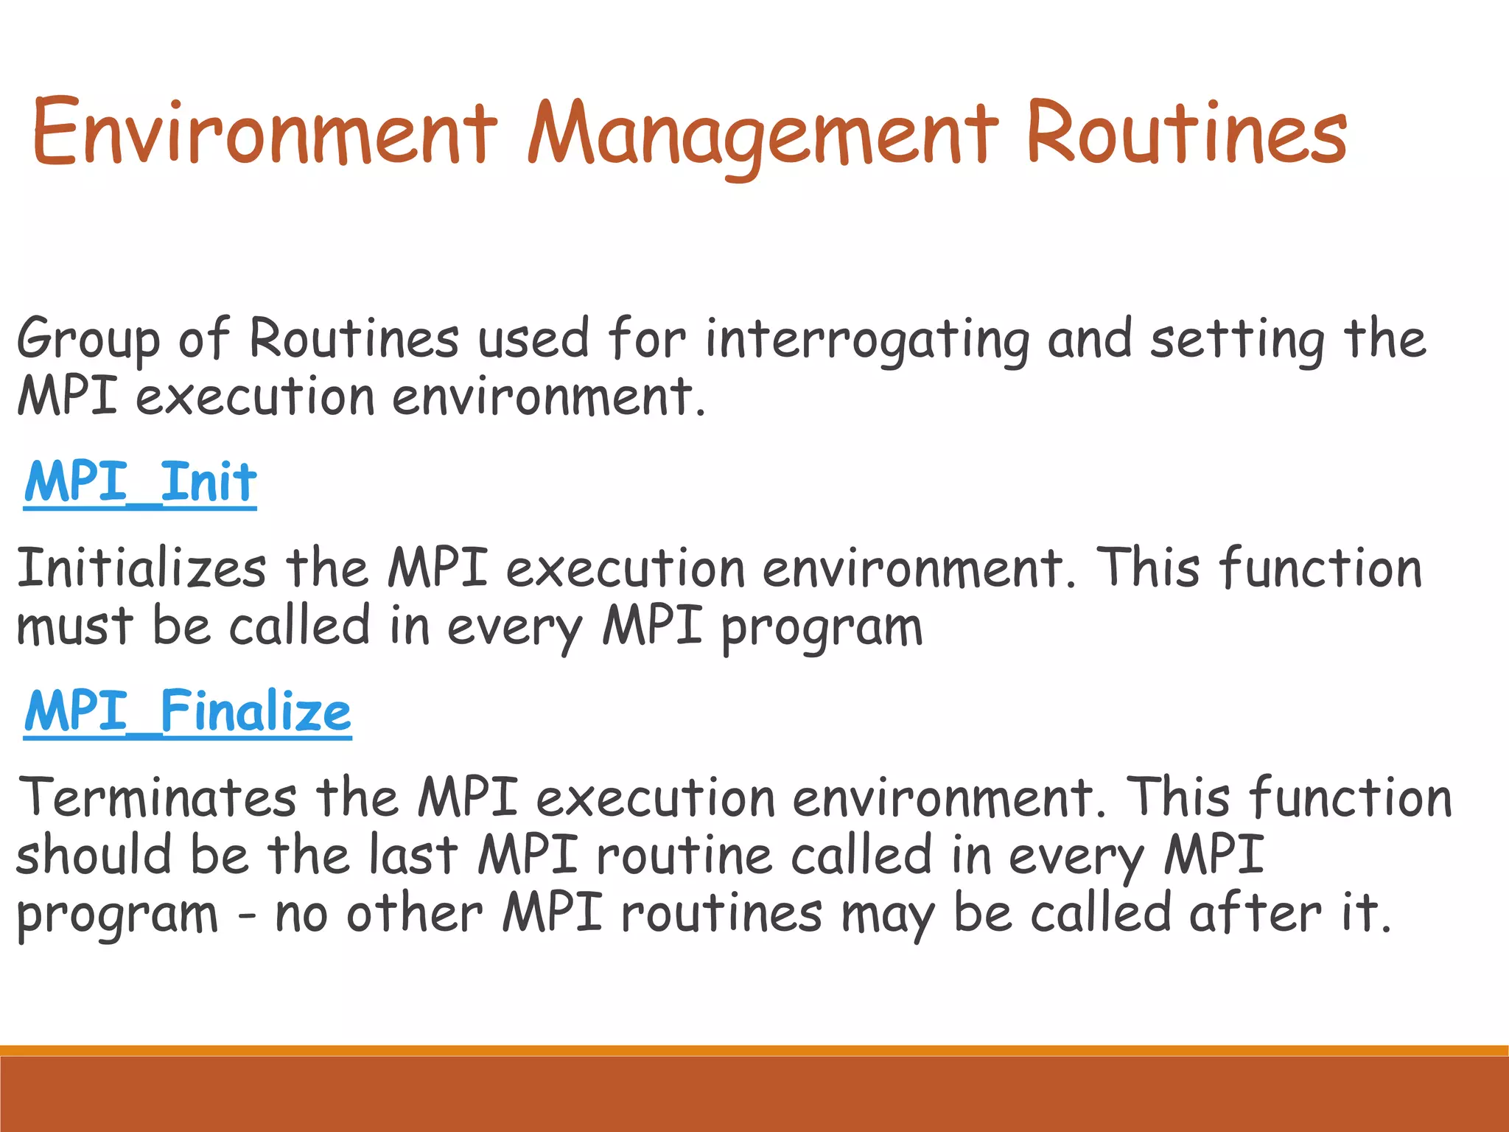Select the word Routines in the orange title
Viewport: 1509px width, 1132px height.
(x=1186, y=133)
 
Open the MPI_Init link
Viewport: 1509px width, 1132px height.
(x=140, y=483)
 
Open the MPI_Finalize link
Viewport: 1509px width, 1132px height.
(x=187, y=712)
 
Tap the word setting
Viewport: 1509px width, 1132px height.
(x=1238, y=340)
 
